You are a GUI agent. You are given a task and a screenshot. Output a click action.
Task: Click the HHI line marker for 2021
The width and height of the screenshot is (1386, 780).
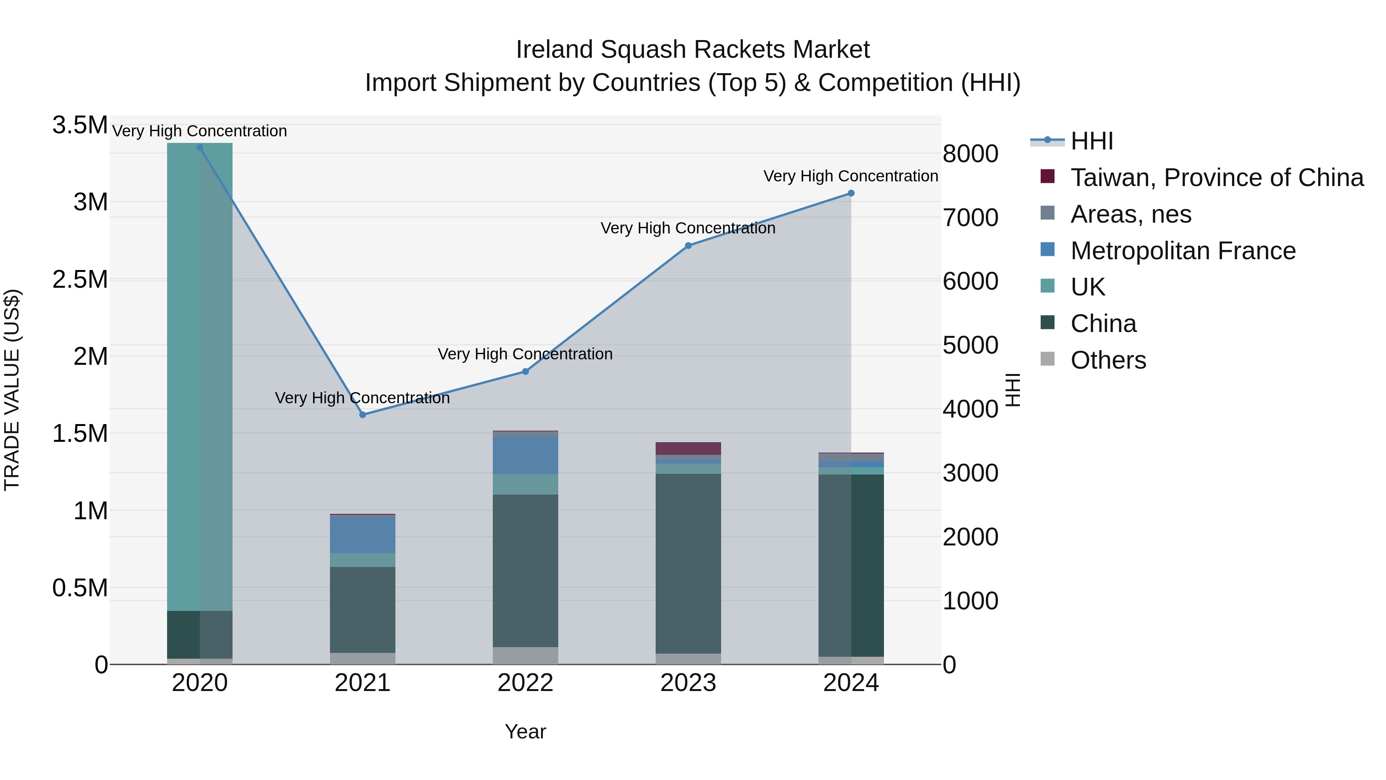click(363, 414)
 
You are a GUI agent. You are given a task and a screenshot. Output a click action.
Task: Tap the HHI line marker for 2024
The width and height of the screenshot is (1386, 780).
click(850, 193)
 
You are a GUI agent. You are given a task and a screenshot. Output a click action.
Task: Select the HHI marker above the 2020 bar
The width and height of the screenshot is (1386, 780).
click(199, 147)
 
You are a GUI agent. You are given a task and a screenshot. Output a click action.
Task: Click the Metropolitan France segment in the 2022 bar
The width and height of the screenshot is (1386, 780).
click(525, 455)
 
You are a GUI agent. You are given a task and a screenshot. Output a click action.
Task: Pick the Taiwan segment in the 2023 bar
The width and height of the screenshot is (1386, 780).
click(688, 448)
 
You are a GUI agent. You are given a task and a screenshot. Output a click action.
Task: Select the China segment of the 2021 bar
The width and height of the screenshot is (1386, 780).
click(363, 609)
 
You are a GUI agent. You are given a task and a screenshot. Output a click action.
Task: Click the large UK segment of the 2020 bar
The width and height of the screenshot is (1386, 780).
click(199, 377)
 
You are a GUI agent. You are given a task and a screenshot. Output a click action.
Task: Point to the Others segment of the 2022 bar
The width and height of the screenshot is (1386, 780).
click(525, 656)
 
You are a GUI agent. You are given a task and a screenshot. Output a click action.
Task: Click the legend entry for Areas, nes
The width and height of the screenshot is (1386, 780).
click(1130, 214)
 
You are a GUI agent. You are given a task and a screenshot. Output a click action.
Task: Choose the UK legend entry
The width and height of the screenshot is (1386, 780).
click(1087, 287)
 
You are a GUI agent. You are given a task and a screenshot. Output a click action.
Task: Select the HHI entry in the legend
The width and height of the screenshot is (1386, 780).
click(1091, 141)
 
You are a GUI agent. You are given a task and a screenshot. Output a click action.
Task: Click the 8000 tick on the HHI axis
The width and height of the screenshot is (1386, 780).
click(970, 154)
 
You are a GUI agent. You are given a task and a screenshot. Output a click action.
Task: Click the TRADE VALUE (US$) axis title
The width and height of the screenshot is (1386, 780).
click(12, 390)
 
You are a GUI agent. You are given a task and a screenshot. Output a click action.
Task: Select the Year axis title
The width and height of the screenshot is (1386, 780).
click(525, 731)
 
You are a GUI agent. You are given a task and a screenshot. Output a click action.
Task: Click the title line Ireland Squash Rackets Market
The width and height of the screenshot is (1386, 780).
click(693, 50)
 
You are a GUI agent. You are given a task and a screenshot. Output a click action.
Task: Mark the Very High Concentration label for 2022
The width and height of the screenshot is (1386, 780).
click(525, 354)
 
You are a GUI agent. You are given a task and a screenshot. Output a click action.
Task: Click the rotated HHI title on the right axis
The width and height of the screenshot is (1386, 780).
click(1013, 390)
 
